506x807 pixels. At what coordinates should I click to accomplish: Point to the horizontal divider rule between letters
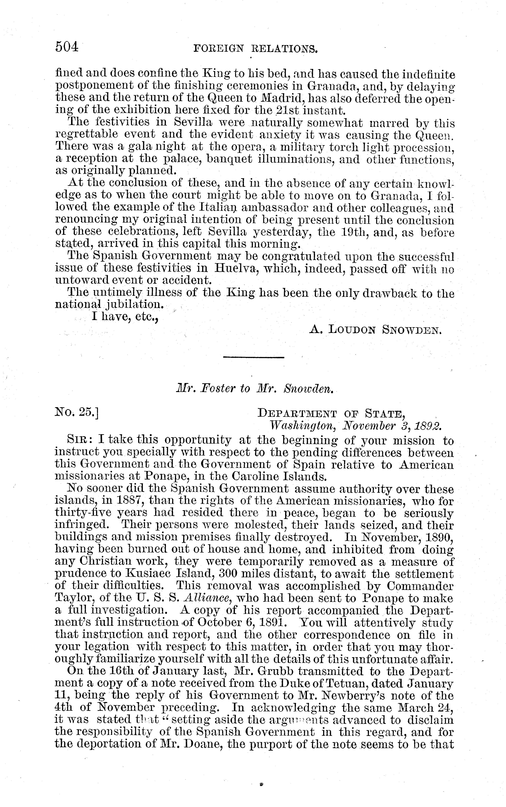pos(253,357)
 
